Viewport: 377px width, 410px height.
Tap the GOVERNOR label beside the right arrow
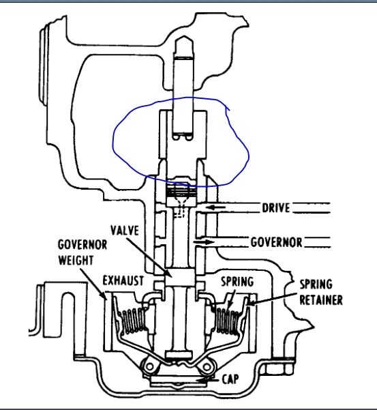[277, 241]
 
